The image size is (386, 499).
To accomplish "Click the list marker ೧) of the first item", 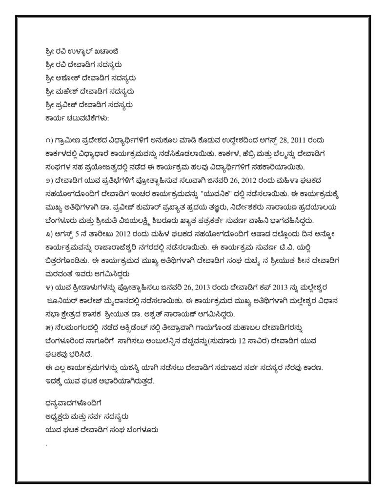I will pyautogui.click(x=48, y=141).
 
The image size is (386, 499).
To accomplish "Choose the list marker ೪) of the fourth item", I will pyautogui.click(x=48, y=286).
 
